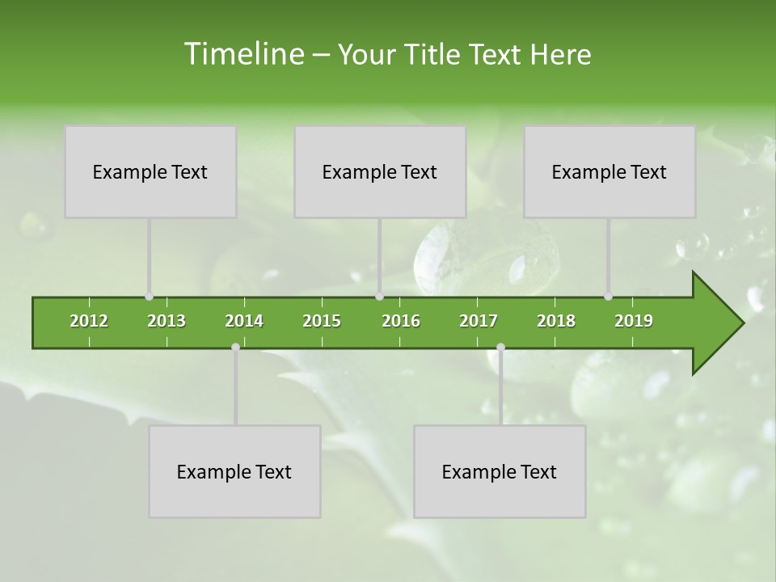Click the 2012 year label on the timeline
pos(89,321)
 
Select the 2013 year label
pos(167,321)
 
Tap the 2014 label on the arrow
pos(244,321)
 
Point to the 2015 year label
pos(322,321)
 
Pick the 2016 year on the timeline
pos(401,321)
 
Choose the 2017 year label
pos(479,321)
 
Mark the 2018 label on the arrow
pos(556,321)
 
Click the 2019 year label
pos(634,321)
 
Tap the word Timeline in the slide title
pos(242,54)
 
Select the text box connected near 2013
pos(150,171)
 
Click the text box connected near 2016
pos(380,171)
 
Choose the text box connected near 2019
pos(609,171)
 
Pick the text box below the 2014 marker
pos(234,471)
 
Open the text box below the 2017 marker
pos(500,471)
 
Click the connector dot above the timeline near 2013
pos(149,297)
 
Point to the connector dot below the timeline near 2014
pos(235,347)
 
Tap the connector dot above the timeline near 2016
pos(379,297)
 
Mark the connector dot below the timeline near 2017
pos(500,347)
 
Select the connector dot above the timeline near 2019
pos(608,297)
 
